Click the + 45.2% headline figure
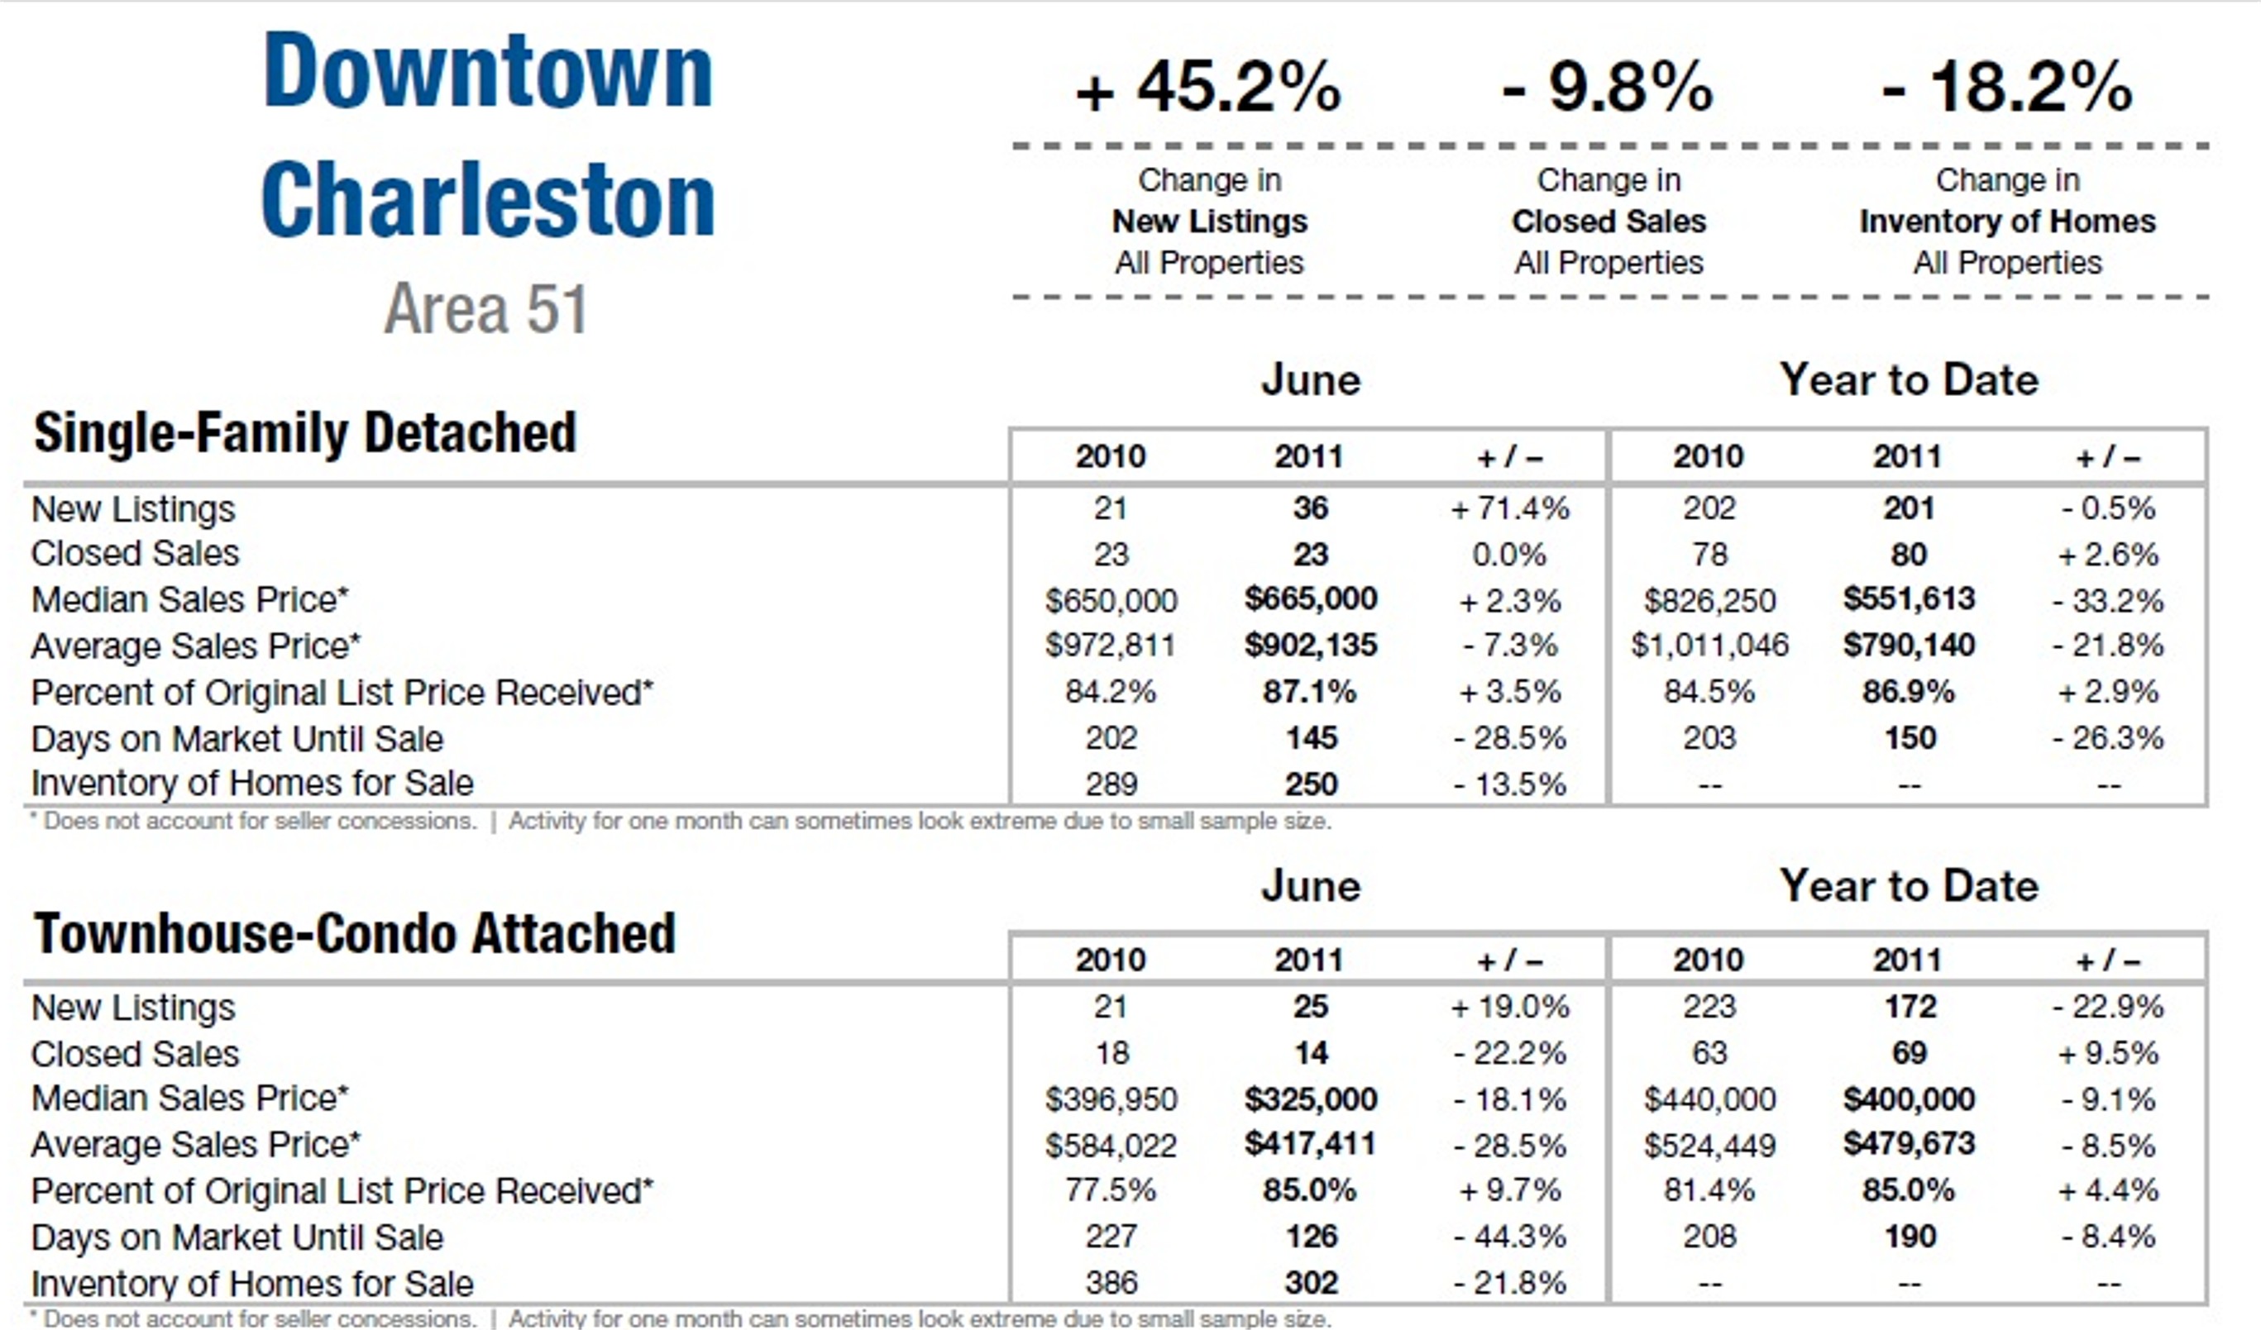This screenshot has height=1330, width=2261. [1208, 88]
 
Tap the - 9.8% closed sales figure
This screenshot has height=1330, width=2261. [1608, 88]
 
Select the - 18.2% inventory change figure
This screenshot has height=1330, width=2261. [2006, 88]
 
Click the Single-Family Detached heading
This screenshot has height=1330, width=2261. [304, 433]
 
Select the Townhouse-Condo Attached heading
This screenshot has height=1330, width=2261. [355, 933]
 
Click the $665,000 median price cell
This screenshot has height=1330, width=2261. [1310, 599]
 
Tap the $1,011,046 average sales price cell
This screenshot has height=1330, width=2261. [1709, 646]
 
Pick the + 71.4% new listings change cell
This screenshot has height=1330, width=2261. [1509, 509]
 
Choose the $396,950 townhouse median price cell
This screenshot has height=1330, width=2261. [1111, 1099]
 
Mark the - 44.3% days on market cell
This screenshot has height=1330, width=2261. [1509, 1237]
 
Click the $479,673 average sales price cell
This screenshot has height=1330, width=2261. [1909, 1144]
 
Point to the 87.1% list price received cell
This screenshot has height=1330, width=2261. [1310, 693]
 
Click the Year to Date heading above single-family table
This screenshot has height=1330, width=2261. [1909, 380]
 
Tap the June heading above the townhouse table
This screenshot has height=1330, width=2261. [1310, 886]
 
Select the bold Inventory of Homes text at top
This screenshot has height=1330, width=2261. [2006, 222]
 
